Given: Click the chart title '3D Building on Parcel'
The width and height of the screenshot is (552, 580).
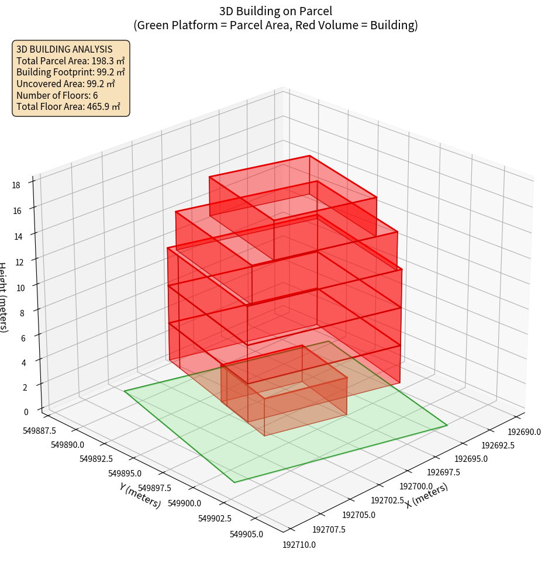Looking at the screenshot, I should [x=275, y=11].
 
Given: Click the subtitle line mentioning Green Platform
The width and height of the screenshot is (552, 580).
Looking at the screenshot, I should [x=275, y=25].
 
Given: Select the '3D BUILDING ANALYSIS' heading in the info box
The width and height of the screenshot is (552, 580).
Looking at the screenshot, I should [x=64, y=49].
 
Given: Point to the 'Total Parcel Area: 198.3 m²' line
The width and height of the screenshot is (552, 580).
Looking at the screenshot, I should [x=70, y=61].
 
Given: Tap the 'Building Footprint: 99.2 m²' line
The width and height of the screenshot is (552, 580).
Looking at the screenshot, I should [x=70, y=72].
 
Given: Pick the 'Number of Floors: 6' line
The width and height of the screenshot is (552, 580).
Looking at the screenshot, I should [x=57, y=95].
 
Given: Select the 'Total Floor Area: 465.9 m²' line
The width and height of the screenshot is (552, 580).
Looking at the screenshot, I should [x=68, y=106].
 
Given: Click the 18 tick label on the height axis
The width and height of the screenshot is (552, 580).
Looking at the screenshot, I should [x=16, y=185].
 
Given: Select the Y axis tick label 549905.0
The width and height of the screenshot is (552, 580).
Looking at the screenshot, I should [x=246, y=534].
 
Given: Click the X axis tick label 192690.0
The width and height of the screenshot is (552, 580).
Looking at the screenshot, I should [x=524, y=432].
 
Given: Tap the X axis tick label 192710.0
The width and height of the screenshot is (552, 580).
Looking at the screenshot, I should [x=299, y=545].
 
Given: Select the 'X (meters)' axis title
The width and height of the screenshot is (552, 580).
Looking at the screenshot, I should [x=427, y=495].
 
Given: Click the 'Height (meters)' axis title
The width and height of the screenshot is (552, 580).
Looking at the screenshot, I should [x=4, y=298].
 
